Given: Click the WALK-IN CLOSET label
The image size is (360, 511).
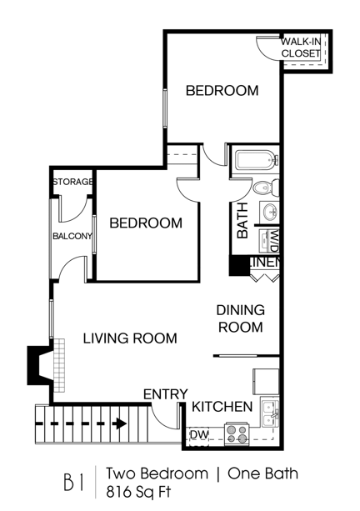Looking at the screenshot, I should point(301,48).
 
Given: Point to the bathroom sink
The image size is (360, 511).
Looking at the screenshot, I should point(271,213).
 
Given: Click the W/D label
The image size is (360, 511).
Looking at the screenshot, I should point(272,242).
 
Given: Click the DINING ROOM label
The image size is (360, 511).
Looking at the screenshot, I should point(240,318).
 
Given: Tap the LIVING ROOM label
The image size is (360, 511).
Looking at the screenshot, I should point(129,338).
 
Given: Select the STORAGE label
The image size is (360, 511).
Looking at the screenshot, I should point(72,183).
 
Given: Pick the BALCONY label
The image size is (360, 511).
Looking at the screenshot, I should point(72,236).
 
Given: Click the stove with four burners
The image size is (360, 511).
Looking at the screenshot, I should point(237,433).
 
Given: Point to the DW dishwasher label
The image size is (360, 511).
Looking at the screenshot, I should point(198,434).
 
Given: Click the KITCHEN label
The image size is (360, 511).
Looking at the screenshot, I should point(222,407).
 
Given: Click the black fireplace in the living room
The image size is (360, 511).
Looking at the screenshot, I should point(40,364).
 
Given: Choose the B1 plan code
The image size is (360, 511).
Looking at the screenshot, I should point(74,482).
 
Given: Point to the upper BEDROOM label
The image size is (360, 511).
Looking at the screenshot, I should point(222,91).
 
